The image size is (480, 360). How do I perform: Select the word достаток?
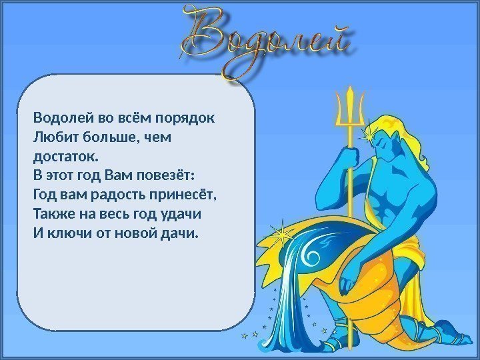66,157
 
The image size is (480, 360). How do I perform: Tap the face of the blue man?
383,145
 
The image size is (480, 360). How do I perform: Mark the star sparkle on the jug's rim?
280,236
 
